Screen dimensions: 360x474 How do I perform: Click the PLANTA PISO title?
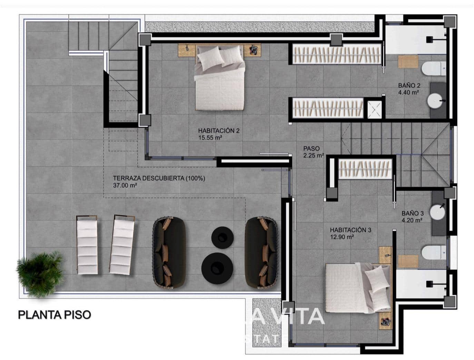(55, 314)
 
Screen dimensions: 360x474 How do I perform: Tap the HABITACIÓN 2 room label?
(219, 131)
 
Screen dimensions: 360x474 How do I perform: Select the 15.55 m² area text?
(210, 137)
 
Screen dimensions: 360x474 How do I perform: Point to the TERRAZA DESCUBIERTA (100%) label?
(159, 178)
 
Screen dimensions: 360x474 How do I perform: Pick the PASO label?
(312, 149)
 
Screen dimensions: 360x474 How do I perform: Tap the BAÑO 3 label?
(412, 213)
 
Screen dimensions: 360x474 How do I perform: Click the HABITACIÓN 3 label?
(350, 230)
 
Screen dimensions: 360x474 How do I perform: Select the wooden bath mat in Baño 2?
(408, 61)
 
